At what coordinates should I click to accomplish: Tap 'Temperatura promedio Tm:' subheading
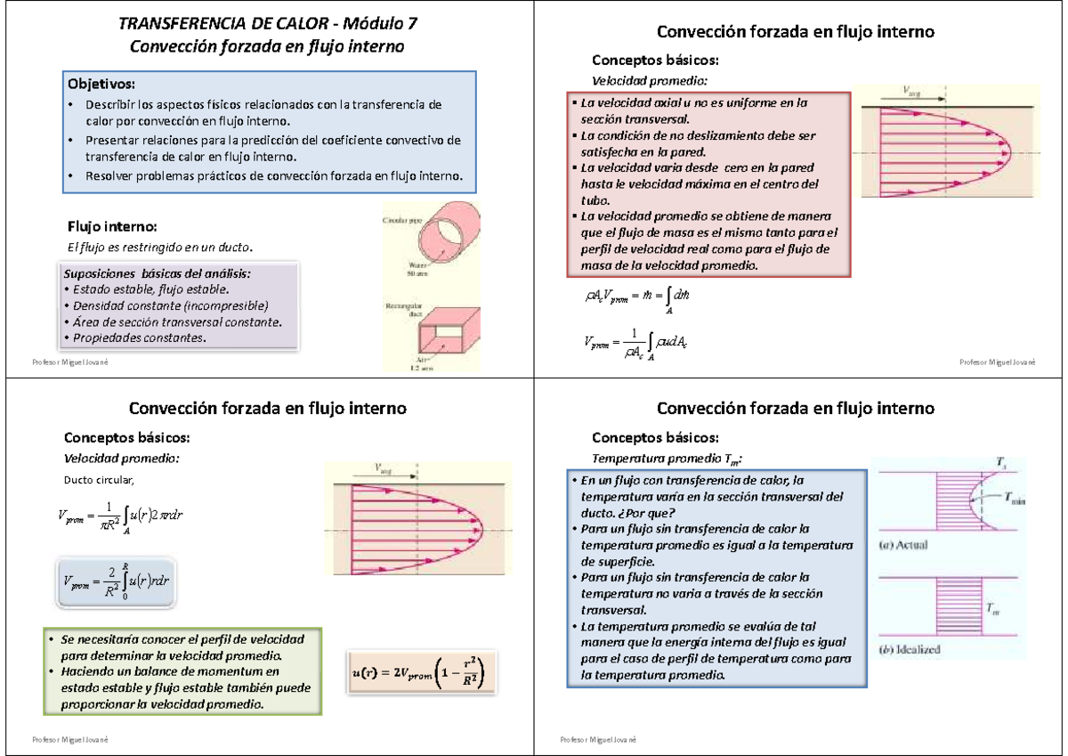click(667, 459)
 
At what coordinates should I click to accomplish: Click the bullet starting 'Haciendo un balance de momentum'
click(174, 671)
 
